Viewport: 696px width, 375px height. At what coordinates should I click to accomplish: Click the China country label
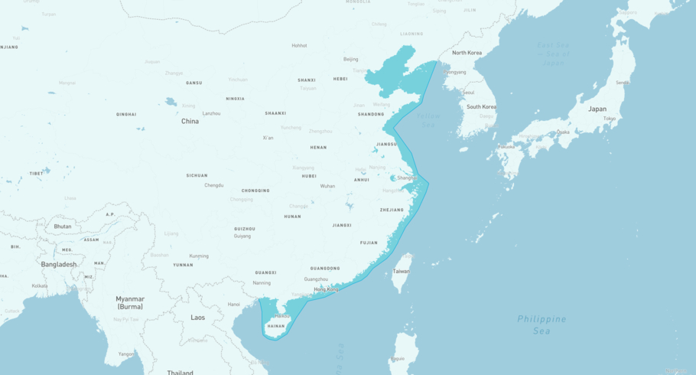pos(190,121)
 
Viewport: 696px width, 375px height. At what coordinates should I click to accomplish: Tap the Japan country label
pos(597,109)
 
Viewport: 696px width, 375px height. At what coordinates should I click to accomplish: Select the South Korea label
pos(481,107)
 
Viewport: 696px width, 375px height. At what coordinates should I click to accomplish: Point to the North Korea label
pos(467,53)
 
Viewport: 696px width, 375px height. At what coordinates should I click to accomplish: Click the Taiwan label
pos(401,271)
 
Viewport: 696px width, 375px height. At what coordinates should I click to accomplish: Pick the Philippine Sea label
pos(542,324)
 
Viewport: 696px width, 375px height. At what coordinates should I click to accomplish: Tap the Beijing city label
pos(350,59)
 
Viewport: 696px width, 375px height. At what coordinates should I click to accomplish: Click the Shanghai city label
pos(407,178)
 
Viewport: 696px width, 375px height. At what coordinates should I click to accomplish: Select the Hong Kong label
pos(327,289)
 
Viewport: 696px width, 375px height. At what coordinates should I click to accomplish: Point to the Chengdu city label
pos(214,185)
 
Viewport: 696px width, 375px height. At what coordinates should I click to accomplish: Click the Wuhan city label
pos(327,186)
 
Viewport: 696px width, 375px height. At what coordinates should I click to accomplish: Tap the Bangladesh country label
pos(59,264)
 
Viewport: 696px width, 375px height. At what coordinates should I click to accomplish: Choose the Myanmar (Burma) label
pos(130,302)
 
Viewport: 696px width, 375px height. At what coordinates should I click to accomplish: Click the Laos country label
pos(197,317)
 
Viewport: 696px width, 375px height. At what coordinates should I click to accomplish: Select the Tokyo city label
pos(610,119)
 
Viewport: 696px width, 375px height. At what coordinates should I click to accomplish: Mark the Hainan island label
pos(276,326)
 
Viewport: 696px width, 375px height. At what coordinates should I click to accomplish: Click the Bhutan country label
pos(63,227)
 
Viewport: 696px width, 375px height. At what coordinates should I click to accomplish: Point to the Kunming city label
pos(199,256)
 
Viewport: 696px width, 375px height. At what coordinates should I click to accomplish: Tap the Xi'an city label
pos(268,138)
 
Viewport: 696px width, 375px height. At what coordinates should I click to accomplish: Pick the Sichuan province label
pos(197,175)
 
